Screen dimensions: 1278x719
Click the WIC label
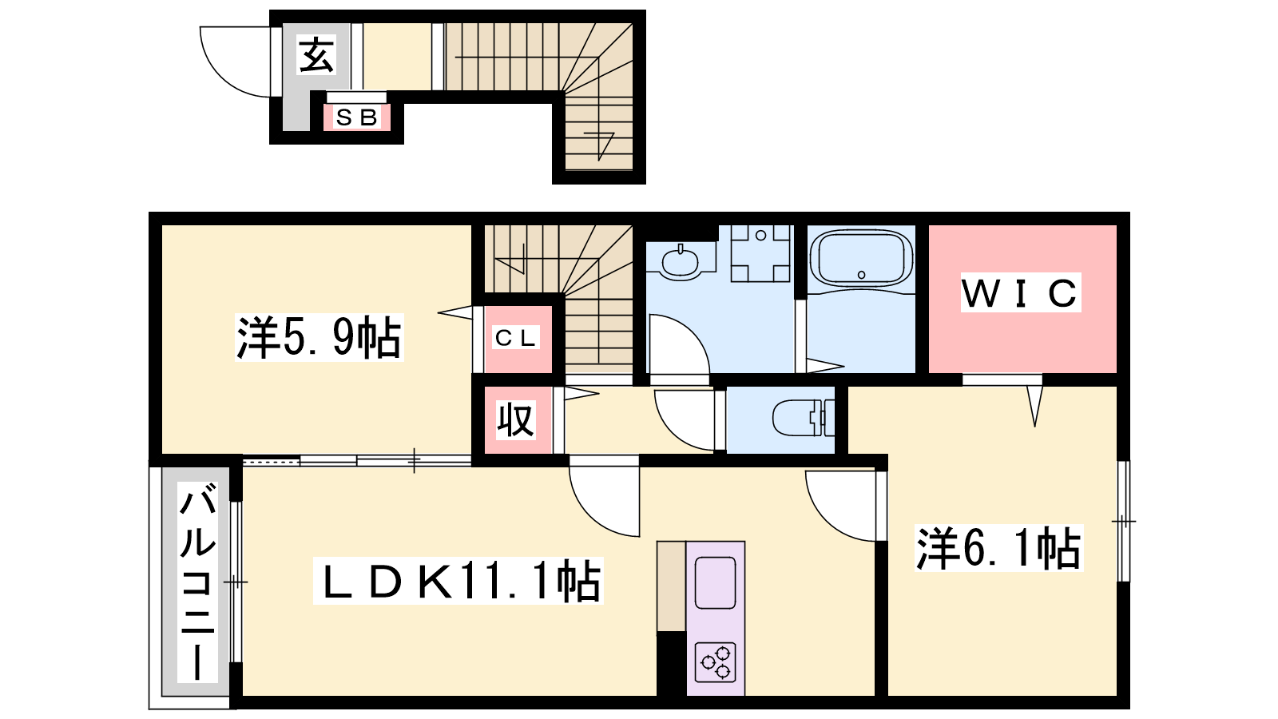[x=1021, y=292]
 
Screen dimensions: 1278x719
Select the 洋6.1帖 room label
[x=998, y=548]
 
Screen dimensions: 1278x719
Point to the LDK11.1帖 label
[x=458, y=581]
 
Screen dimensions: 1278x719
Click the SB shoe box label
[x=357, y=117]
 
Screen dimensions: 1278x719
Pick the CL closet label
[x=516, y=338]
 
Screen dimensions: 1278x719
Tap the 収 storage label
[x=515, y=420]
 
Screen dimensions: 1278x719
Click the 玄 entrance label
[x=316, y=55]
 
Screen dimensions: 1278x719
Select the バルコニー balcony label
[x=197, y=582]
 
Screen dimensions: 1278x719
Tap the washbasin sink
[x=680, y=264]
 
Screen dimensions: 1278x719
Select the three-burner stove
[x=716, y=662]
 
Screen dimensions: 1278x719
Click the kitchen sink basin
[x=716, y=582]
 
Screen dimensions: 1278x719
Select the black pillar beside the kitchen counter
[x=672, y=663]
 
